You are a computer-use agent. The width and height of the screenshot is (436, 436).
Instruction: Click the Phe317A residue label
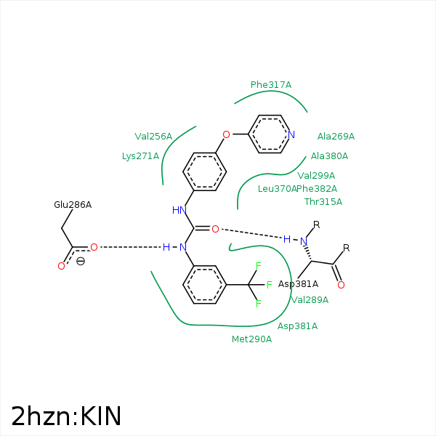[x=270, y=85]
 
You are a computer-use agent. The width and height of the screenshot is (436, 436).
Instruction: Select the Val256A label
[x=153, y=136]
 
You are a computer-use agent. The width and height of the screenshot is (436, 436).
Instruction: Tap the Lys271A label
[x=140, y=156]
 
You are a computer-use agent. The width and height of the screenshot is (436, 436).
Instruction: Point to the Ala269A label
[x=336, y=136]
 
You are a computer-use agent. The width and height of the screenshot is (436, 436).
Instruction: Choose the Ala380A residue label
[x=329, y=156]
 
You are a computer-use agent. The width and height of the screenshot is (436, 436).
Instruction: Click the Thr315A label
[x=323, y=201]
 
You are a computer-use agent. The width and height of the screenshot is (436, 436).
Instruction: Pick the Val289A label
[x=310, y=299]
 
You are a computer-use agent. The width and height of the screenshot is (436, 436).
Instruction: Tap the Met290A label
[x=251, y=339]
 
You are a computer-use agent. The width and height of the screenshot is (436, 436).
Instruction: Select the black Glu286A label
[x=73, y=204]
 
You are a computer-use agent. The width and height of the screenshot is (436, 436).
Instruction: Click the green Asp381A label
[x=297, y=326]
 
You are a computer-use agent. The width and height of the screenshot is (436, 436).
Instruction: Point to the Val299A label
[x=316, y=175]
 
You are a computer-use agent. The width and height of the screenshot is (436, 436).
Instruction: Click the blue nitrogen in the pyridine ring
[x=291, y=134]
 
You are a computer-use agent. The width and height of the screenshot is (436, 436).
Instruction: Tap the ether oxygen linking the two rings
[x=226, y=134]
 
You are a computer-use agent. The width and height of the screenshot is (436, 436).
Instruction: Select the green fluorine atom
[x=268, y=285]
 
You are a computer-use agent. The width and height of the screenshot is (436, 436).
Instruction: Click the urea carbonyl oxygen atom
[x=215, y=229]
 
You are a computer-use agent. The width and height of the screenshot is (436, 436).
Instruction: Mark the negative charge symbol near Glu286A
[x=81, y=261]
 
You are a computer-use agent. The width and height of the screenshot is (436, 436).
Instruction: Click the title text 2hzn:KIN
[x=66, y=416]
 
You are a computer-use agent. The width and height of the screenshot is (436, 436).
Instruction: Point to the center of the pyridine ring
[x=270, y=134]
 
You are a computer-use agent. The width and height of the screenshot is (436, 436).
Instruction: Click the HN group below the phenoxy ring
[x=179, y=210]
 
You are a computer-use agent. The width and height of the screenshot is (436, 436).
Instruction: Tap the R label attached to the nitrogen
[x=316, y=225]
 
